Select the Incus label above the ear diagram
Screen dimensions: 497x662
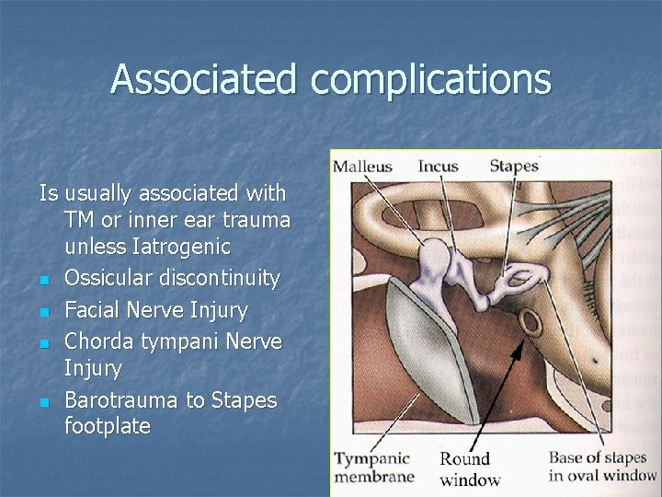point(438,167)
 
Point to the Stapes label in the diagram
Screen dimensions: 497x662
point(513,167)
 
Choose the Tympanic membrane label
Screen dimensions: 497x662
point(373,468)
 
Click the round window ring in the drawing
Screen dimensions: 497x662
point(530,321)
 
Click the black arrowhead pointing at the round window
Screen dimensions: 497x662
point(518,348)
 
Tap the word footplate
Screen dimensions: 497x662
point(108,426)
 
